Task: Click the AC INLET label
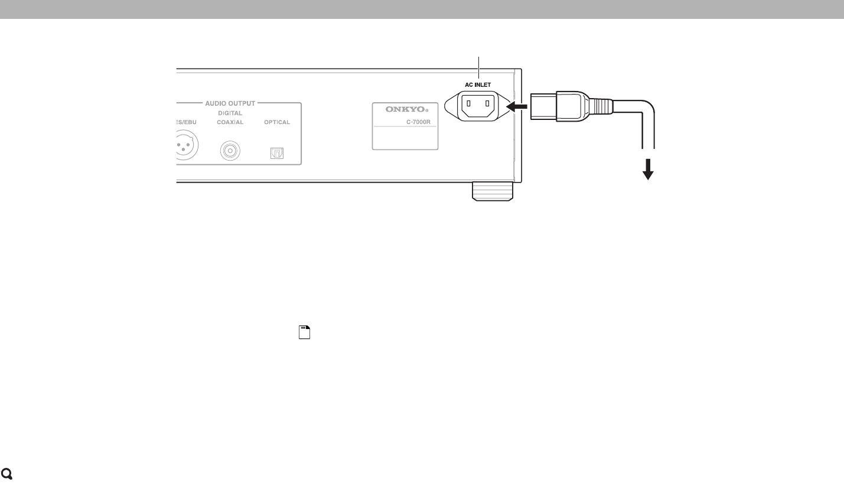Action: point(478,84)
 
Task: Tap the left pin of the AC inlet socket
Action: point(470,106)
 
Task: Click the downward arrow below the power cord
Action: point(649,171)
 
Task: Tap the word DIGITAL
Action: point(230,113)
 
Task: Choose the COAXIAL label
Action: point(230,122)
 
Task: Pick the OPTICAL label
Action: point(276,122)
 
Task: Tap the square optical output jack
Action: point(276,153)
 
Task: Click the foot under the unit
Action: point(491,190)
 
